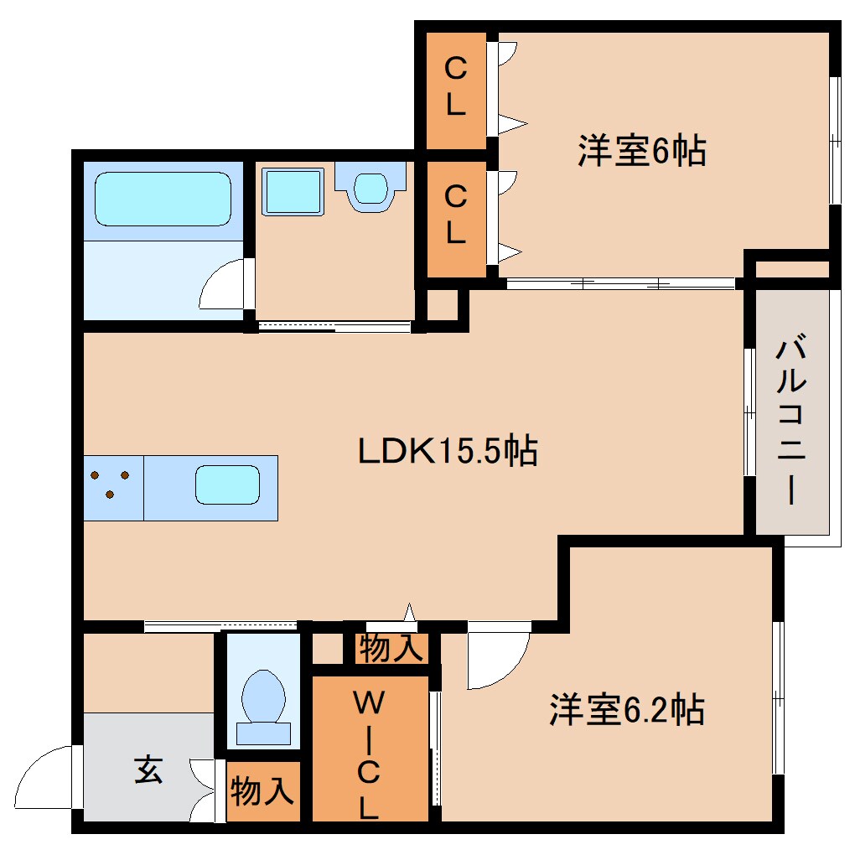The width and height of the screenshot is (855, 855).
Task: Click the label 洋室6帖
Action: click(641, 152)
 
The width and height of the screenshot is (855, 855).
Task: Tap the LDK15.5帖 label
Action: click(448, 452)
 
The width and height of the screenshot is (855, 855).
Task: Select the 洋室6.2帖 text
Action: click(626, 710)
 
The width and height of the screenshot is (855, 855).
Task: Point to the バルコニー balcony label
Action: click(791, 419)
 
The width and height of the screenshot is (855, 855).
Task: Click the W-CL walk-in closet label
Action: click(370, 754)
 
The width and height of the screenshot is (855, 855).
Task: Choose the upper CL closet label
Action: click(454, 85)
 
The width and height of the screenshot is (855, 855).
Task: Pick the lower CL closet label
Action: click(454, 216)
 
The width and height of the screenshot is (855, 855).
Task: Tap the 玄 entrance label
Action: click(148, 769)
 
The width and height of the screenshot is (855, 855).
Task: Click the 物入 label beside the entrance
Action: click(262, 790)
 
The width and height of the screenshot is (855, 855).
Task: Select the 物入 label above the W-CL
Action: click(391, 648)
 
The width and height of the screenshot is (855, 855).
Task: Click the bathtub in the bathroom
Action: click(162, 199)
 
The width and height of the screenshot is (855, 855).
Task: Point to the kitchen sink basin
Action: click(227, 485)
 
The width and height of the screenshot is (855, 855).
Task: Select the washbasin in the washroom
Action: click(370, 187)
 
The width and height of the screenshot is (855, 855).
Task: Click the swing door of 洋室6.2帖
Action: click(498, 658)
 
